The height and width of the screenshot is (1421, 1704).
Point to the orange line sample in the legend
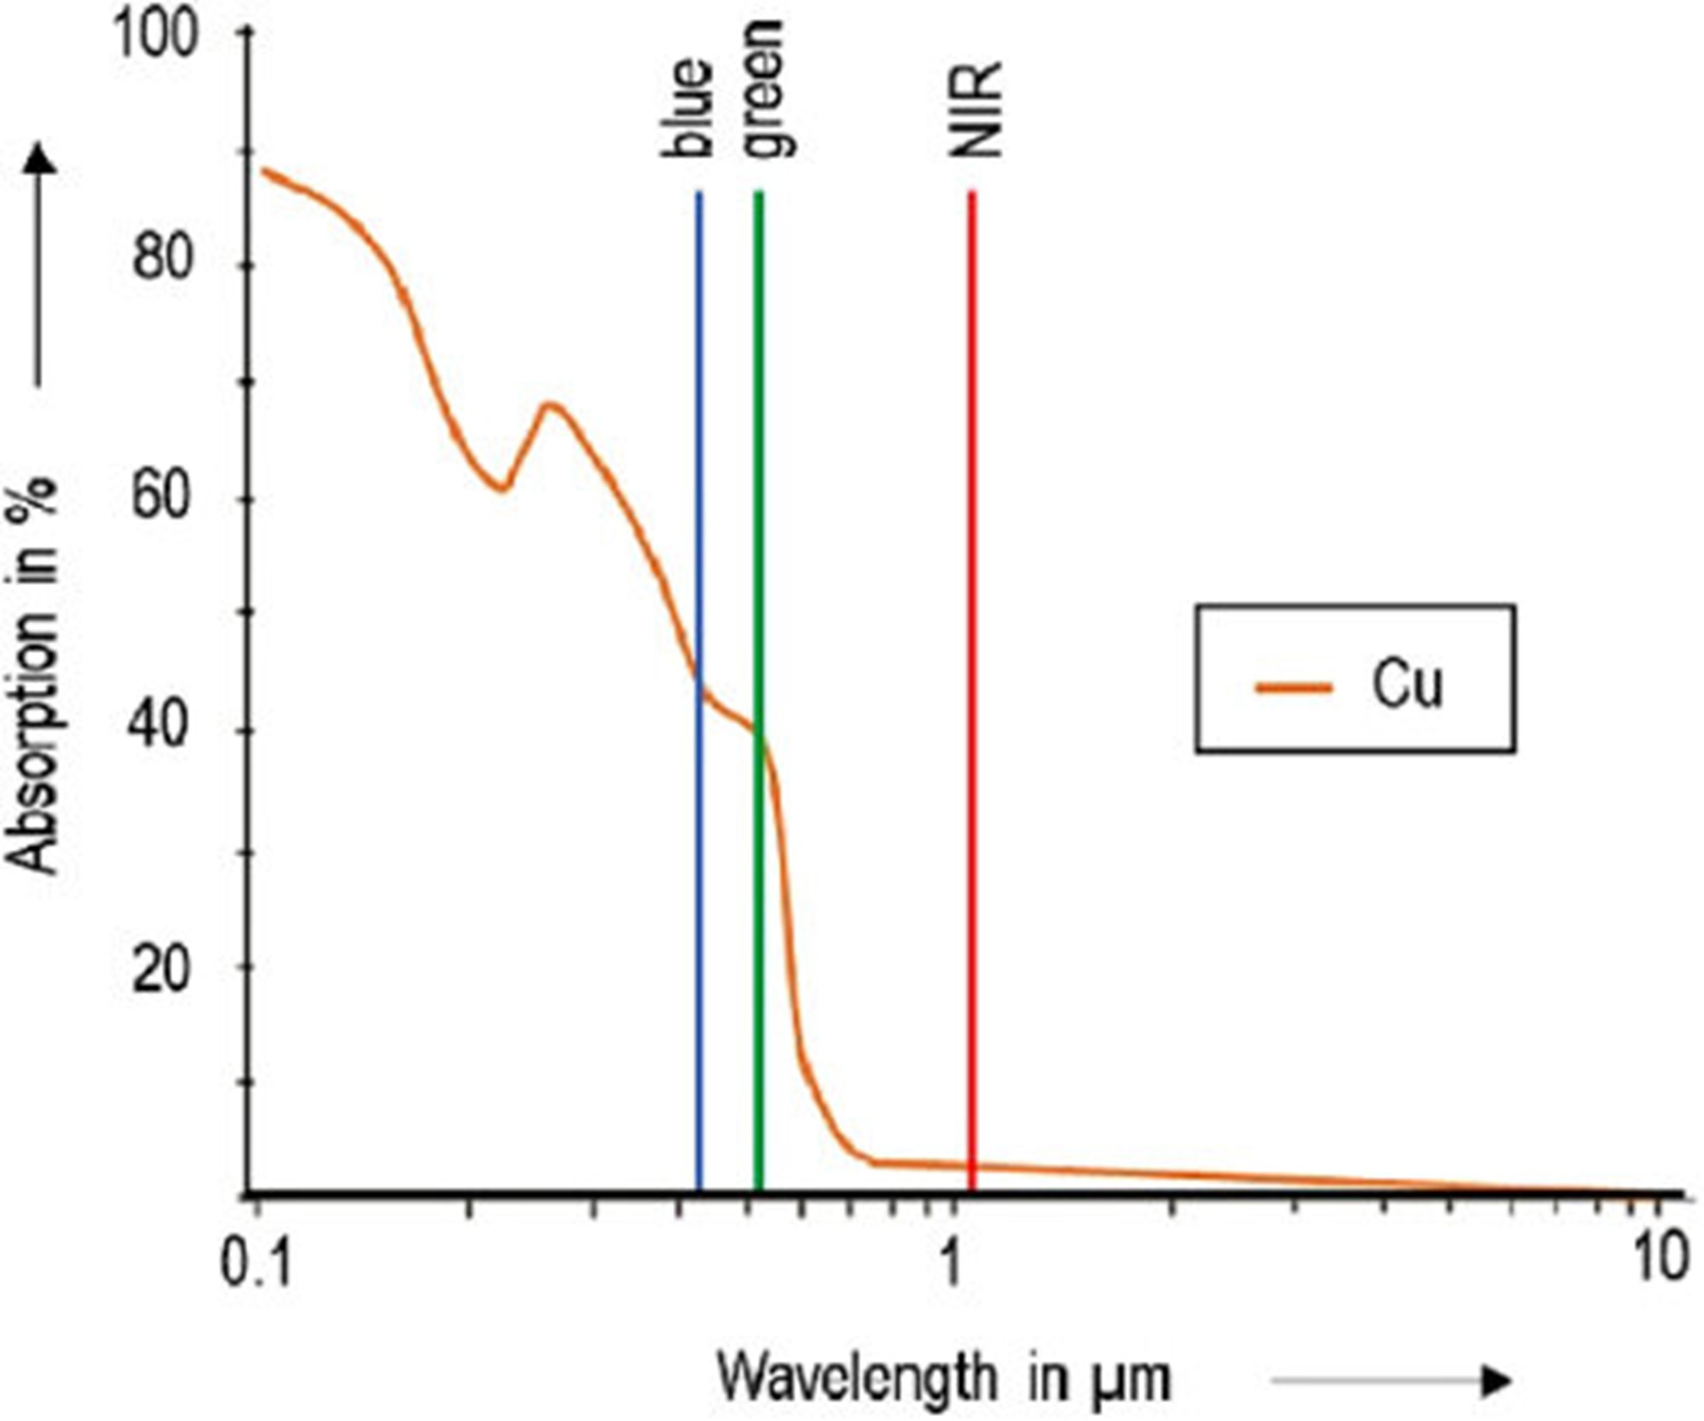click(x=1293, y=689)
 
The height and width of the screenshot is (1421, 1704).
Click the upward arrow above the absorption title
click(x=40, y=264)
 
